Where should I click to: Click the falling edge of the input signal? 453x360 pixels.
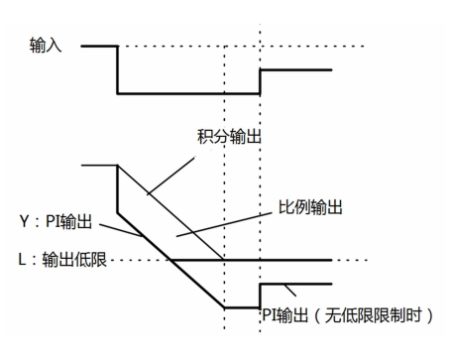point(118,69)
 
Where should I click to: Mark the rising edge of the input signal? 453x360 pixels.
point(260,81)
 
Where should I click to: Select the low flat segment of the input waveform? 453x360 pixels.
point(188,93)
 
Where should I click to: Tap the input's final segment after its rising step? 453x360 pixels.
point(295,69)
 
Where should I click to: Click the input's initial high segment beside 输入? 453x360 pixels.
point(99,46)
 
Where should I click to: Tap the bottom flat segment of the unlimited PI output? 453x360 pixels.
point(242,307)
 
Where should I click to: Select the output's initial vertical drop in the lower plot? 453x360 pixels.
point(118,188)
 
